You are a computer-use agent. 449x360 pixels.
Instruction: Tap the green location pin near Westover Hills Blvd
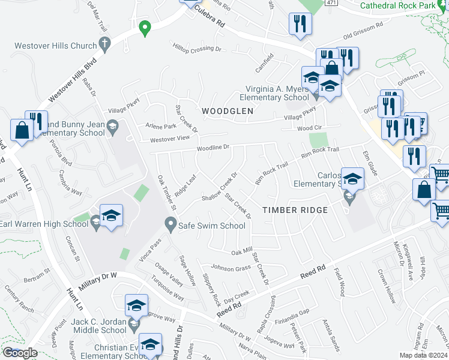[144, 28]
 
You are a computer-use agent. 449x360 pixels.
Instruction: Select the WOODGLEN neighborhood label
[228, 111]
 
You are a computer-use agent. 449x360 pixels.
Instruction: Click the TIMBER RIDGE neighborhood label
[295, 210]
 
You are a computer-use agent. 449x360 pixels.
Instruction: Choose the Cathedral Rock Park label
[405, 5]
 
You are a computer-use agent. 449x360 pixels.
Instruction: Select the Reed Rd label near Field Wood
[313, 273]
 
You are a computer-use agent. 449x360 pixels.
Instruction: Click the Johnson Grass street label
[230, 268]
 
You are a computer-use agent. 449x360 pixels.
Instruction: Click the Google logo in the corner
[20, 353]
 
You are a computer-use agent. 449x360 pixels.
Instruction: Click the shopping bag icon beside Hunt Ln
[22, 130]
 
